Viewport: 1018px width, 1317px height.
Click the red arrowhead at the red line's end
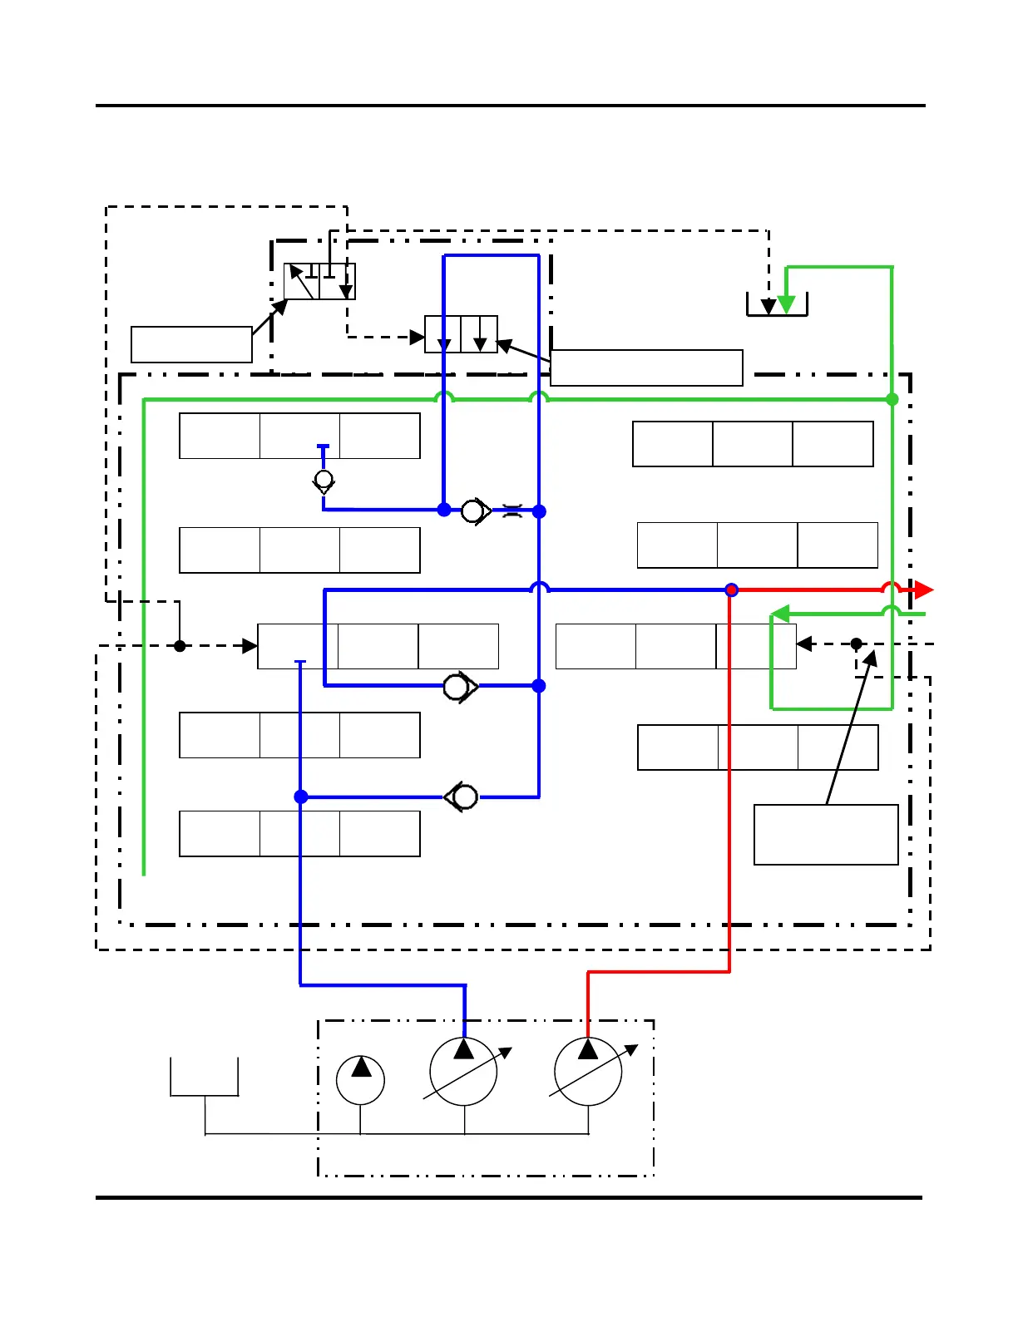point(924,590)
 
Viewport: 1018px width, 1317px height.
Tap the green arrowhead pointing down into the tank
point(786,304)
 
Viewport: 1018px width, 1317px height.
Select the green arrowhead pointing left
point(779,614)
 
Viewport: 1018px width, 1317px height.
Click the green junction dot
point(892,400)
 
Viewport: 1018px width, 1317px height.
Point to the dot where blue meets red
point(731,590)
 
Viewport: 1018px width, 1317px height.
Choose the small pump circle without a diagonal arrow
point(360,1080)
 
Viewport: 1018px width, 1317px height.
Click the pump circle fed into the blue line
point(463,1072)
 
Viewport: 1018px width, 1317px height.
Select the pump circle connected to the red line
point(588,1072)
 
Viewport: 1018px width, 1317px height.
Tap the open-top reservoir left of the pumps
point(205,1078)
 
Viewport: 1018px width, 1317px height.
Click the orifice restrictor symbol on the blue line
point(512,511)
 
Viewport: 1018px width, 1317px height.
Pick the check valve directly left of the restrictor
point(475,511)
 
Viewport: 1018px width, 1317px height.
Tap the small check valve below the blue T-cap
point(324,481)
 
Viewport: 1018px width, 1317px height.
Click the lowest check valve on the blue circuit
point(462,797)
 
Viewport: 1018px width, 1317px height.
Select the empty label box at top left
point(191,344)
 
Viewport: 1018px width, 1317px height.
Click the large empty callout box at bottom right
point(826,835)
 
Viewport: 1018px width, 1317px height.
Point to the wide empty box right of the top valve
point(646,367)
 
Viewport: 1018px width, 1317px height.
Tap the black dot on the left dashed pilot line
point(180,646)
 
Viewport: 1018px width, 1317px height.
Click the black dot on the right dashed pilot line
point(856,644)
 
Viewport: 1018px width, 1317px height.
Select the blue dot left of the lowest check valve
point(301,797)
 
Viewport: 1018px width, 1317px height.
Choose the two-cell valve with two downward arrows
point(461,334)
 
